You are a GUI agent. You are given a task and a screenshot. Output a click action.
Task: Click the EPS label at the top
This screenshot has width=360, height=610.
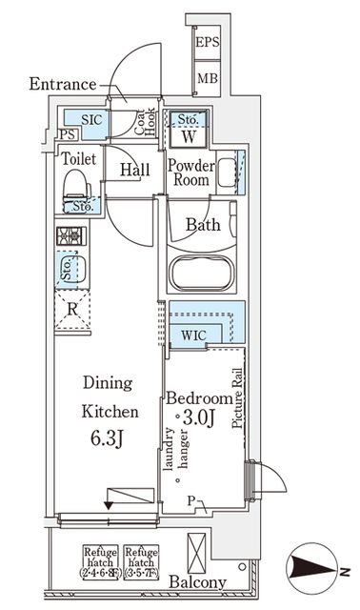click(208, 43)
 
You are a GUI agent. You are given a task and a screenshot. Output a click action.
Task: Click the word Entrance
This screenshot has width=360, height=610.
click(62, 84)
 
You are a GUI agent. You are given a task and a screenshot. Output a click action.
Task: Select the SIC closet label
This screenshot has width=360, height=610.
click(91, 120)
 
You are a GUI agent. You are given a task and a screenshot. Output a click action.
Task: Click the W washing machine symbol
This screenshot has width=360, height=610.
click(188, 135)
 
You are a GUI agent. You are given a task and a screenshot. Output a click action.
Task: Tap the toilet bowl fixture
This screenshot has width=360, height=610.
click(75, 191)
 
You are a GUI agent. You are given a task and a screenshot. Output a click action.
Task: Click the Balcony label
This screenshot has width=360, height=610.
click(199, 582)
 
